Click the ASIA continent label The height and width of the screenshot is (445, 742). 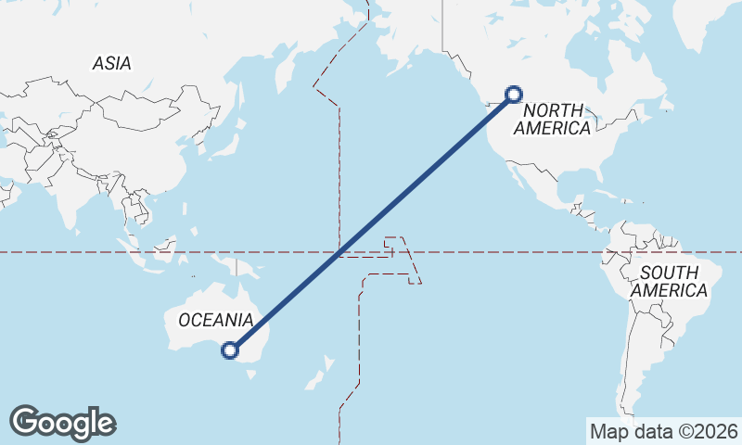111,63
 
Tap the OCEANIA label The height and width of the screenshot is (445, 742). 215,320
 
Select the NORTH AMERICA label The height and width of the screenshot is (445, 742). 556,119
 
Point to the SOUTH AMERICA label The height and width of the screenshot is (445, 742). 669,282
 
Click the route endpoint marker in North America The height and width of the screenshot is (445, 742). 514,94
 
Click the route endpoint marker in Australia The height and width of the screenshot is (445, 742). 230,350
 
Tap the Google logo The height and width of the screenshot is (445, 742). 62,423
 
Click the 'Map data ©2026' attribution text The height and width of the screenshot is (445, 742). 662,431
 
